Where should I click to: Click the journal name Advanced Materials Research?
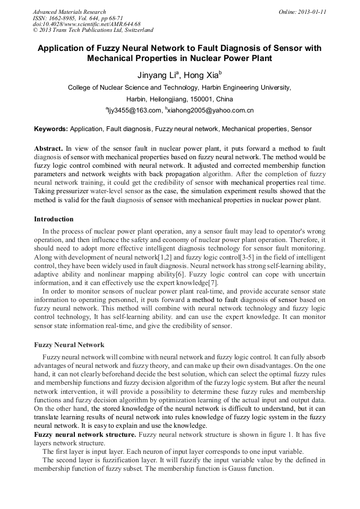point(69,11)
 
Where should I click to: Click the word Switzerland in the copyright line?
point(137,30)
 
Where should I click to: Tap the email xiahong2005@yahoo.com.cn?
point(210,110)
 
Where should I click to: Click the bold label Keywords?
point(51,129)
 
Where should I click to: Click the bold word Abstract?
point(48,149)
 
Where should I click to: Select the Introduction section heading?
point(54,219)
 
